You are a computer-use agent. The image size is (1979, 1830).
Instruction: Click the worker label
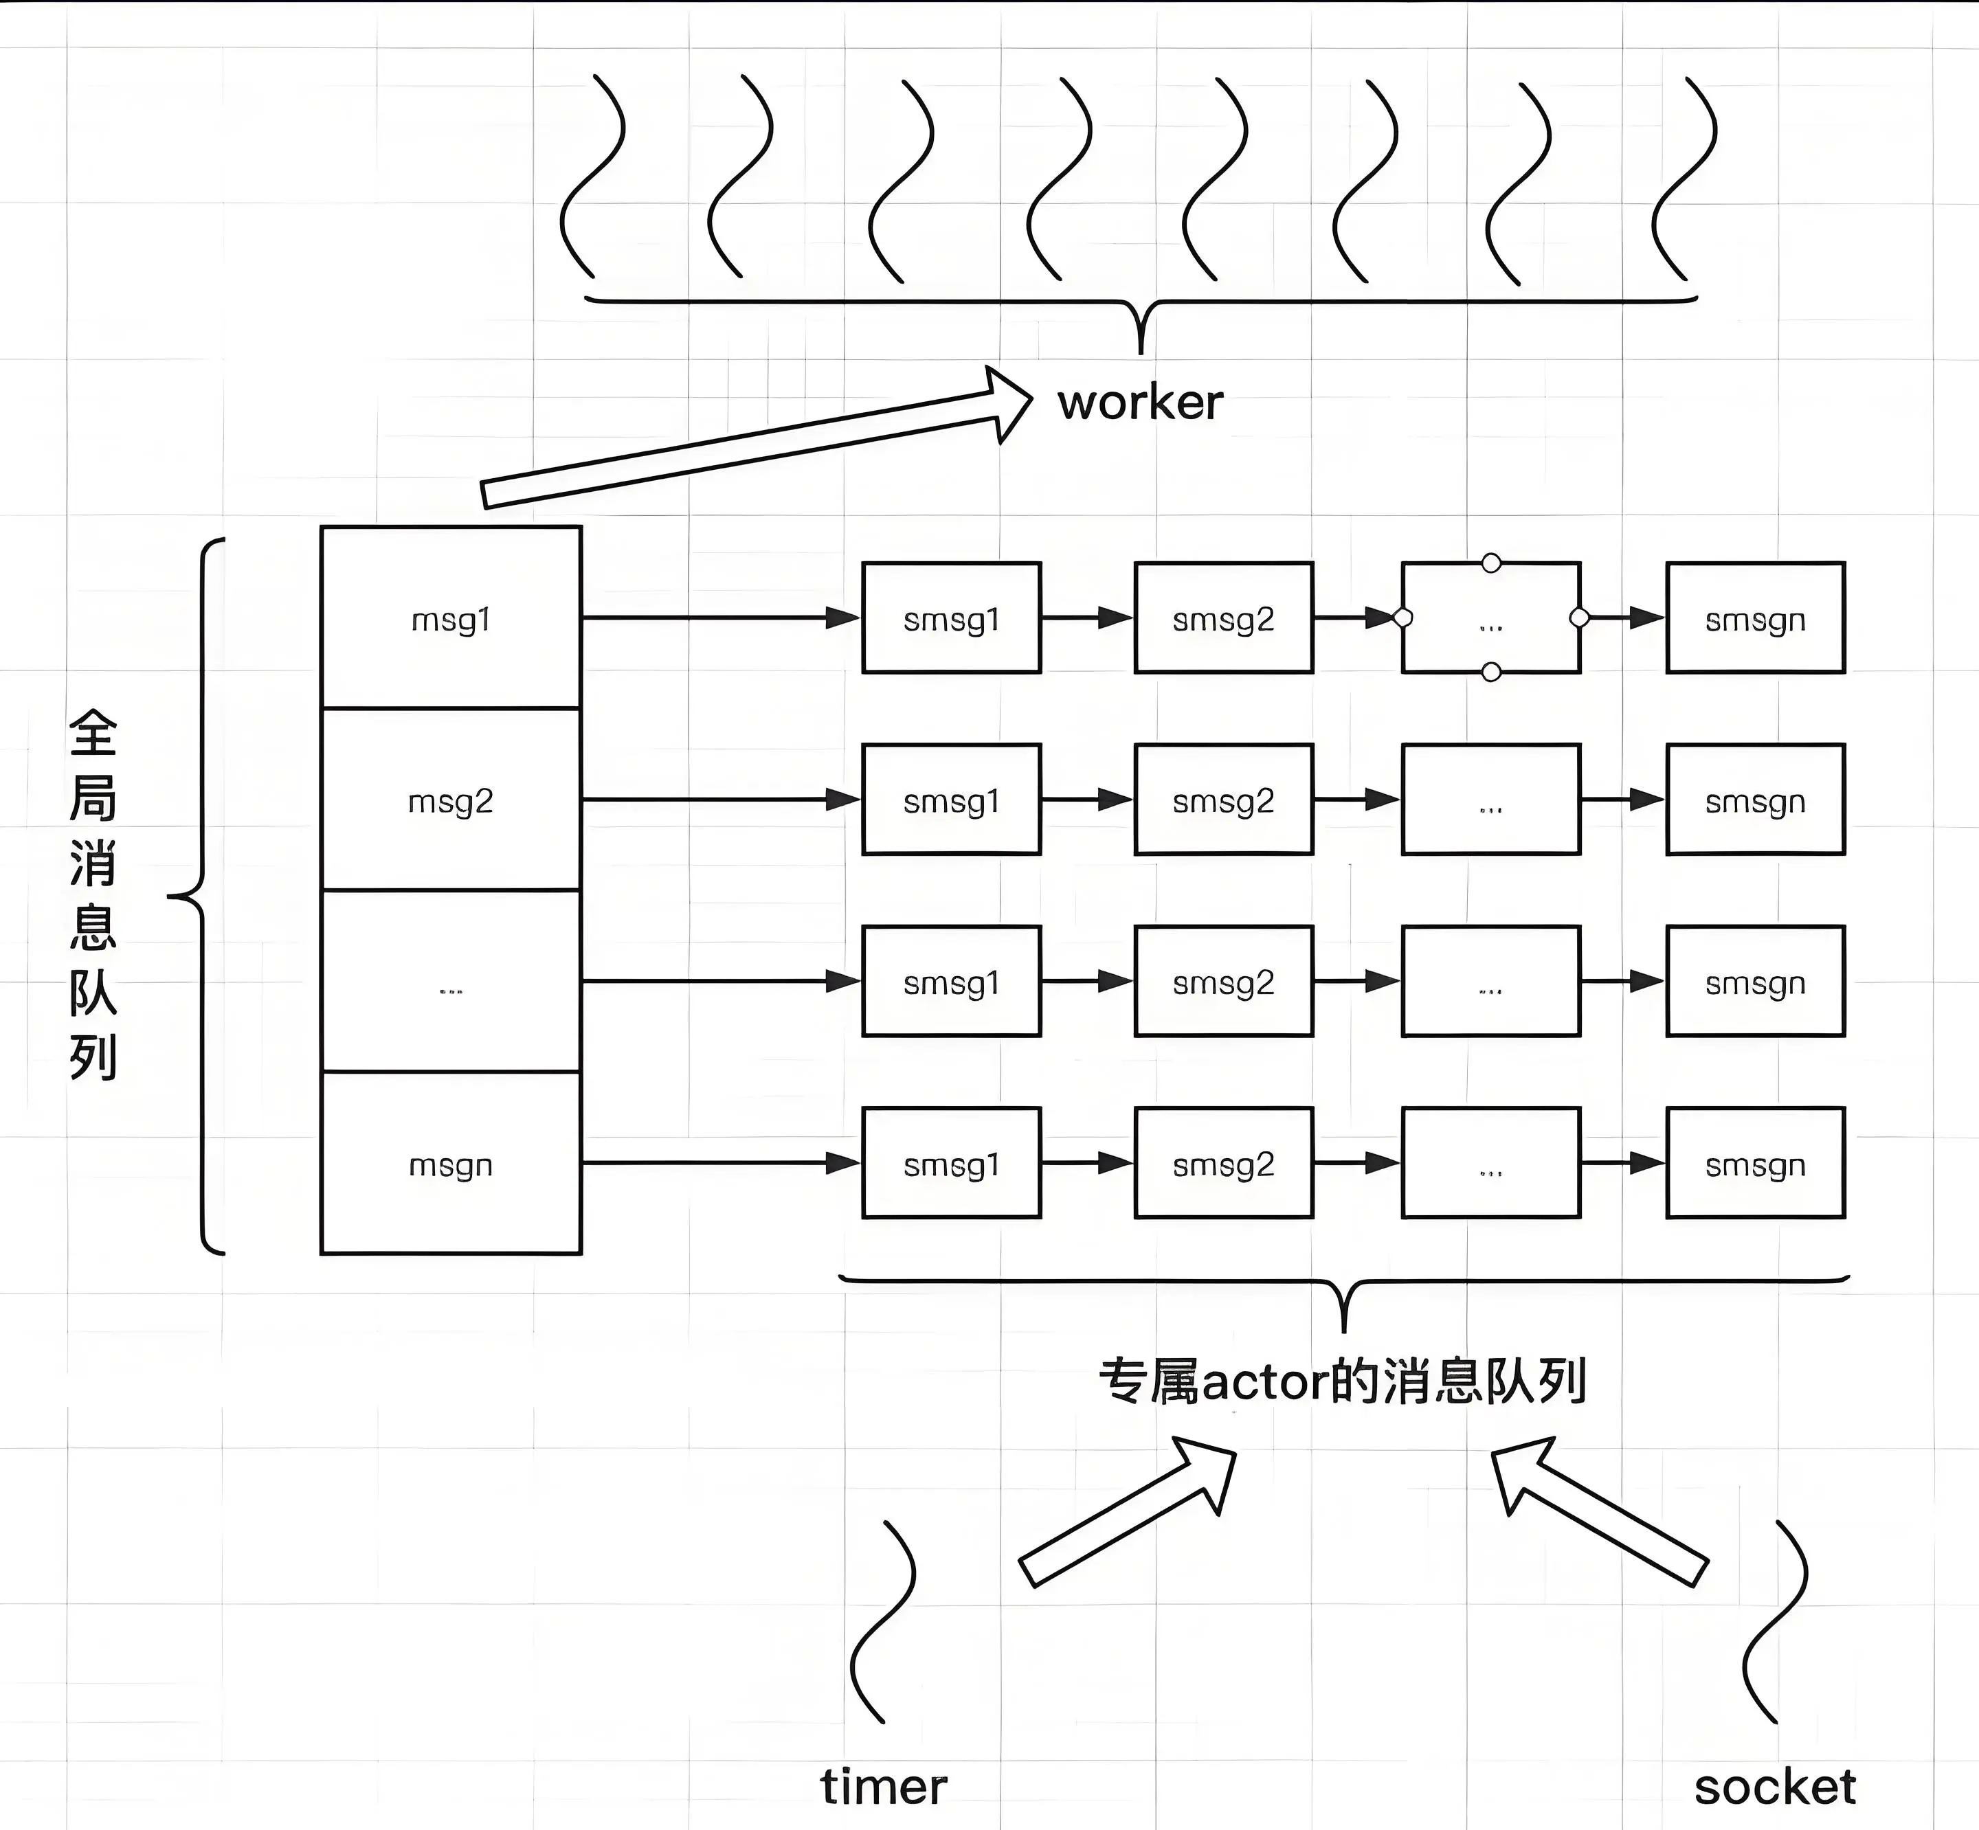(x=1140, y=402)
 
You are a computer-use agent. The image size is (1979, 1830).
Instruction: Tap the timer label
(x=884, y=1787)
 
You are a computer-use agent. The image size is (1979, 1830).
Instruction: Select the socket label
(x=1775, y=1787)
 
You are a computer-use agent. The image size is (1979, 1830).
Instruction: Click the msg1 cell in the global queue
(x=451, y=620)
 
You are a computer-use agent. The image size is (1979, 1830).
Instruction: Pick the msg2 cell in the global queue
(x=451, y=801)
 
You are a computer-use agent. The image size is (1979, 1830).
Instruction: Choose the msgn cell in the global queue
(x=451, y=1164)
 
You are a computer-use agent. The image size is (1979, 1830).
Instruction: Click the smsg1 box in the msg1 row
(x=951, y=619)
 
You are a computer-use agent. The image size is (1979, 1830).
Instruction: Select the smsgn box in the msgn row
(x=1755, y=1164)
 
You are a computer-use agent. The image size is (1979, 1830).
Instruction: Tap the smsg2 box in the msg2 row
(x=1223, y=800)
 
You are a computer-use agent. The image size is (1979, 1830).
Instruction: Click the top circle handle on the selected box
(x=1490, y=563)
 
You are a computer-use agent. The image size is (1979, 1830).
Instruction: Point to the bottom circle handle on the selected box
(x=1490, y=673)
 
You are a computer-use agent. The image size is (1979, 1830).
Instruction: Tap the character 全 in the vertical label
(x=93, y=734)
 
